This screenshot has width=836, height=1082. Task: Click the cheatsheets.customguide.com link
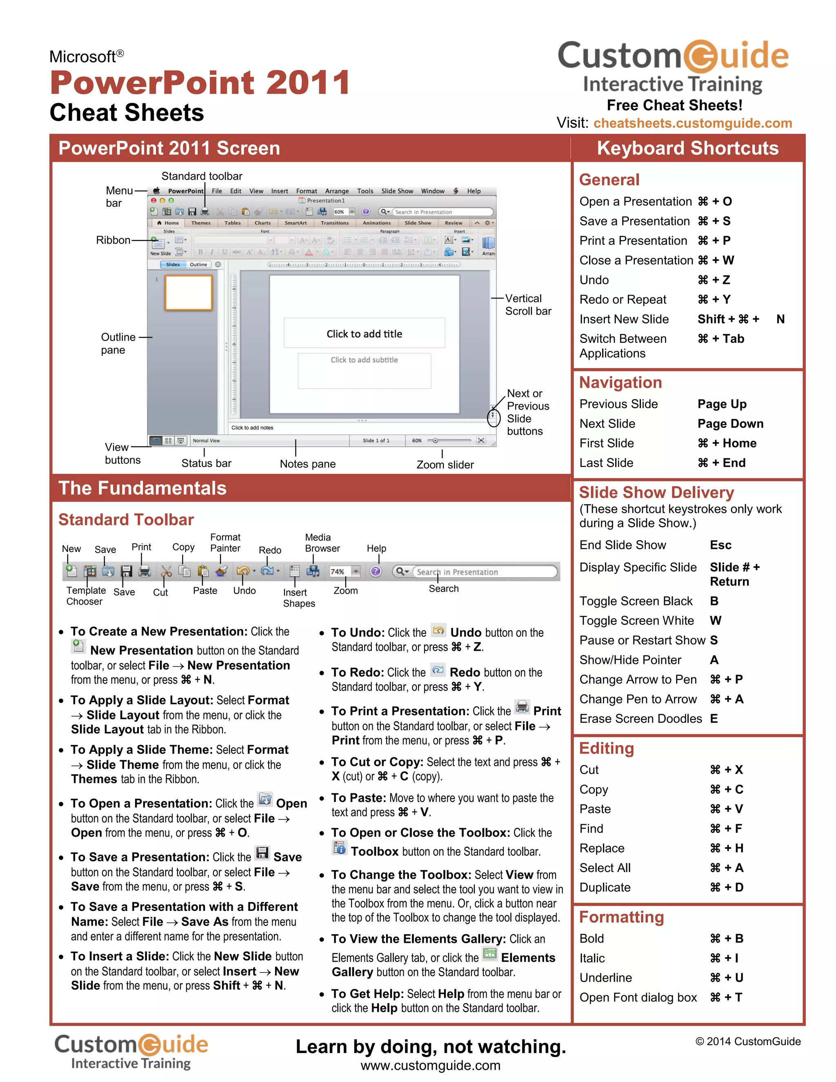coord(692,123)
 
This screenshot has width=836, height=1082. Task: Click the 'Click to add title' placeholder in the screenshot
coord(364,334)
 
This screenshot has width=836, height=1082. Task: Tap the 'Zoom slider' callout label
coord(445,465)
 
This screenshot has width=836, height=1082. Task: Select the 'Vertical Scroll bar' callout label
coord(528,305)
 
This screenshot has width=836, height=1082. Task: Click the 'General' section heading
coord(609,180)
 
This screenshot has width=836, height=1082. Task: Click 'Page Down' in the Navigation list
coord(730,423)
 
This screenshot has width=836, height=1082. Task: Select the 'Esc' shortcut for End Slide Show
coord(720,545)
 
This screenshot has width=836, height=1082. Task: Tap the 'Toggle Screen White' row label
coord(636,621)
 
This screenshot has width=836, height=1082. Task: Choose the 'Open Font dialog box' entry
coord(638,997)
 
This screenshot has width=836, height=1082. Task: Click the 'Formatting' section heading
coord(621,917)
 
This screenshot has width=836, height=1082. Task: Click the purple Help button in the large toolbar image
coord(376,571)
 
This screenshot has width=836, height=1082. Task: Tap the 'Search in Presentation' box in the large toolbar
coord(483,572)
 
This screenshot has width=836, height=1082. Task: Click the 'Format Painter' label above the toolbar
coord(225,543)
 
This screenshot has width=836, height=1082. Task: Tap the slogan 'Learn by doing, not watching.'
coord(430,1047)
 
